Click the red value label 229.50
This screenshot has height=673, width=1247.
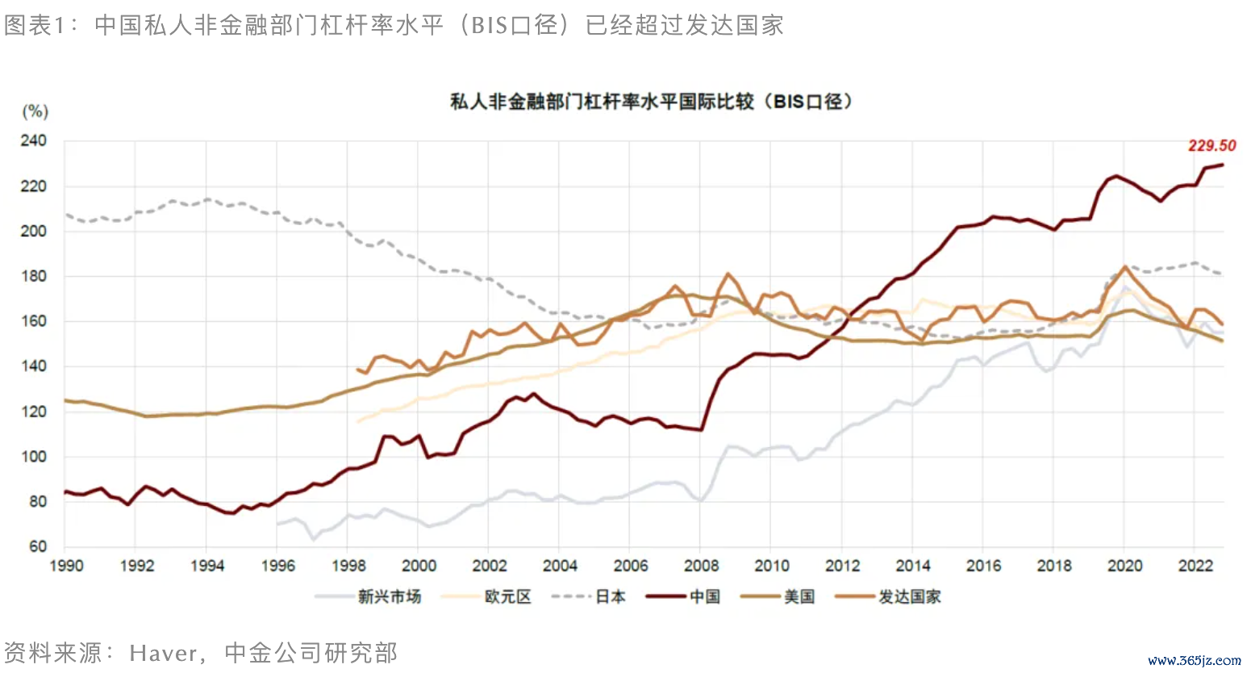click(x=1212, y=146)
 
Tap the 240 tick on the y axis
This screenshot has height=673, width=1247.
click(x=34, y=141)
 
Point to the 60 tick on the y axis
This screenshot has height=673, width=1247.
click(x=38, y=546)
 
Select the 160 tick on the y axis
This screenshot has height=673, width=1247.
click(x=34, y=321)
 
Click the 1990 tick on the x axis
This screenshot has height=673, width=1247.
click(x=66, y=566)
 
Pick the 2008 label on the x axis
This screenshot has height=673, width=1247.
click(x=701, y=566)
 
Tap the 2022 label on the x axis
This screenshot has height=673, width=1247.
click(x=1195, y=566)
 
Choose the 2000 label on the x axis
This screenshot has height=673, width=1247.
click(x=419, y=566)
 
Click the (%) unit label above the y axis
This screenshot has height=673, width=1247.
click(x=35, y=111)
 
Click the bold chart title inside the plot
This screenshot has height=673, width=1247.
click(x=651, y=102)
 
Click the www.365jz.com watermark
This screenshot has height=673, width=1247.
click(x=1194, y=660)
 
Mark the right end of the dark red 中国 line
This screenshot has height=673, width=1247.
click(x=1223, y=165)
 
